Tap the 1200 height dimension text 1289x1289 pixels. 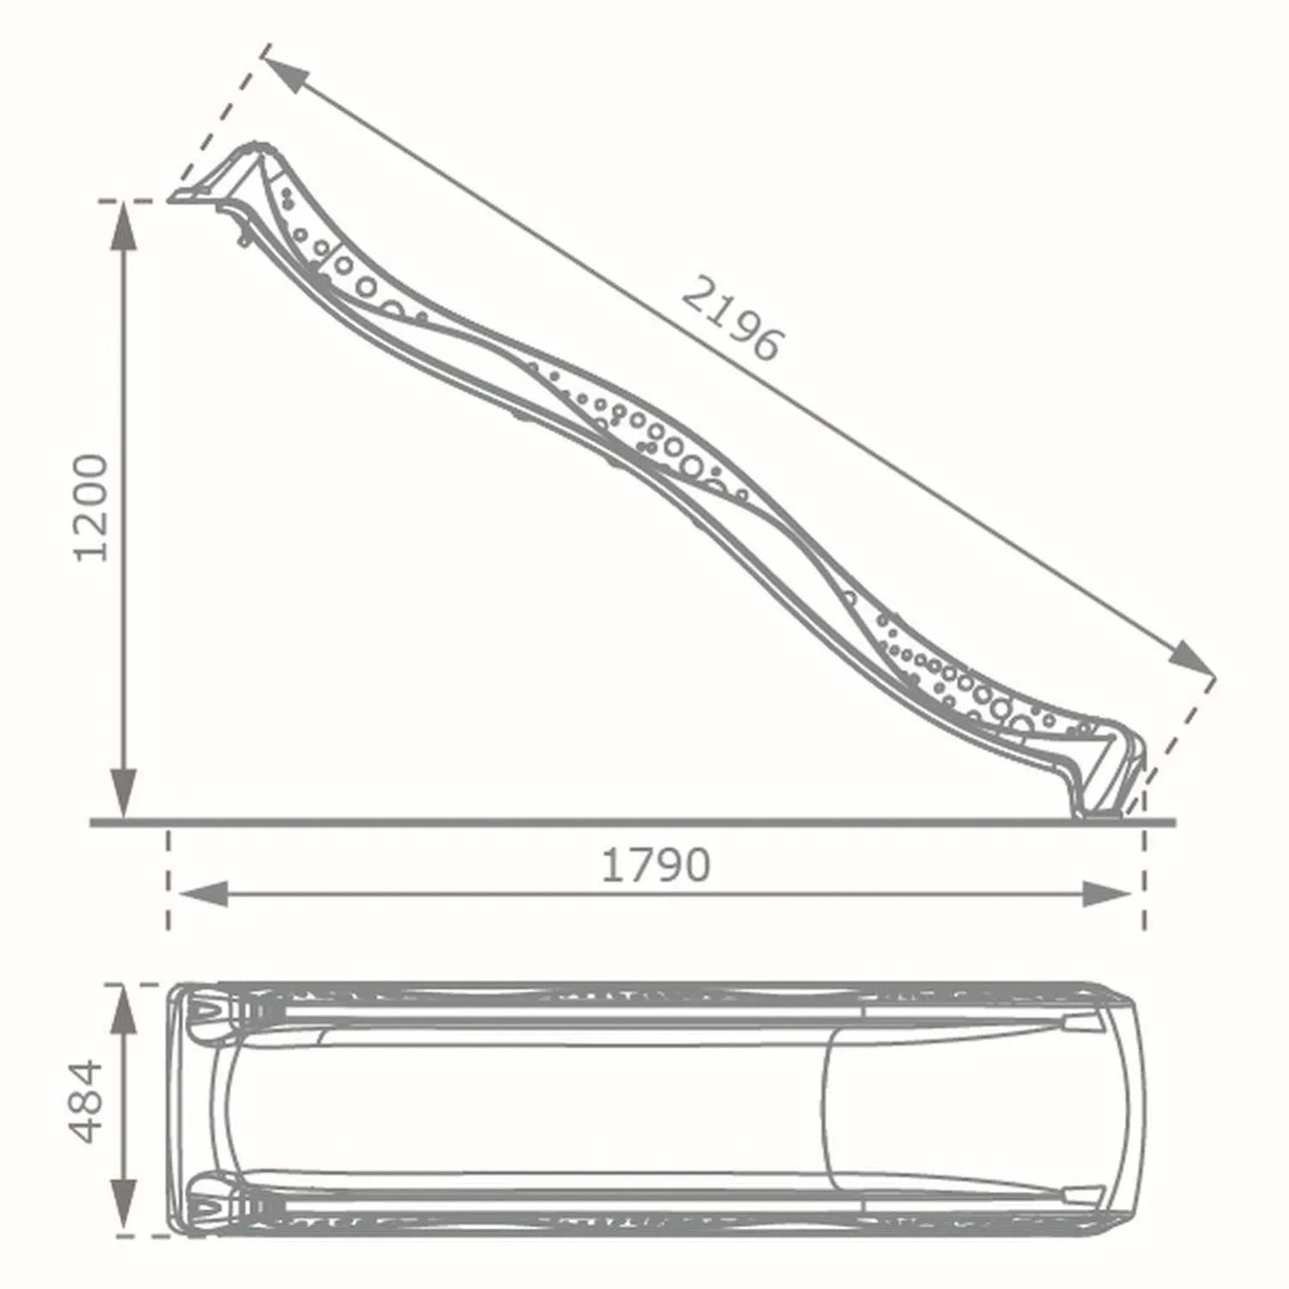pos(91,509)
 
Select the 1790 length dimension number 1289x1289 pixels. pos(655,865)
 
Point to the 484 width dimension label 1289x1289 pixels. pos(87,1103)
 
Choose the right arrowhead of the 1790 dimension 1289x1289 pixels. pos(1107,894)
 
